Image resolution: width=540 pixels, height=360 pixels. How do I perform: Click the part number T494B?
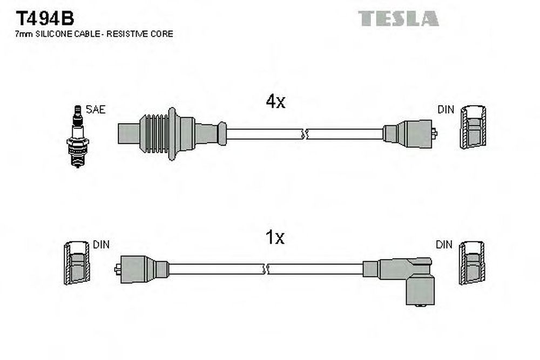point(45,18)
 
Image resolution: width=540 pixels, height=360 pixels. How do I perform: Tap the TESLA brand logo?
point(398,18)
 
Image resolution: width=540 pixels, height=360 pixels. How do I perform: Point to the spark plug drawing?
point(77,137)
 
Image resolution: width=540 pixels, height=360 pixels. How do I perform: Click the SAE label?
point(96,110)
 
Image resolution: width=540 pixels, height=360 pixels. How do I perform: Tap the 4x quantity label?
point(275,101)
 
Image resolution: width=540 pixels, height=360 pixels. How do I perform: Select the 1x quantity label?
point(275,237)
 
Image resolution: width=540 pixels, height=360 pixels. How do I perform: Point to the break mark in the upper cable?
point(304,134)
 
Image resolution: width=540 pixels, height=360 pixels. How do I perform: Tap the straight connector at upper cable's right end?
point(410,133)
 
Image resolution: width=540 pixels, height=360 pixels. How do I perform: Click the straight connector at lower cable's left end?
point(141,269)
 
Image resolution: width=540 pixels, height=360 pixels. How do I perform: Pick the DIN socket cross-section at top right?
point(474,127)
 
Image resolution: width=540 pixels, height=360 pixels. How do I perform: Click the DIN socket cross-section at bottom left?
point(77,263)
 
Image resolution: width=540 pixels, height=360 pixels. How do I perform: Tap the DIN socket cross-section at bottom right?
point(472,263)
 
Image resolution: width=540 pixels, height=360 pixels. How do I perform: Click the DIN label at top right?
point(446,110)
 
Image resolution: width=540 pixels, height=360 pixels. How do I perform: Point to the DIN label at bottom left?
point(102,244)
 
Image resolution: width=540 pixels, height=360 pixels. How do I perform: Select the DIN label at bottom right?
point(444,244)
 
